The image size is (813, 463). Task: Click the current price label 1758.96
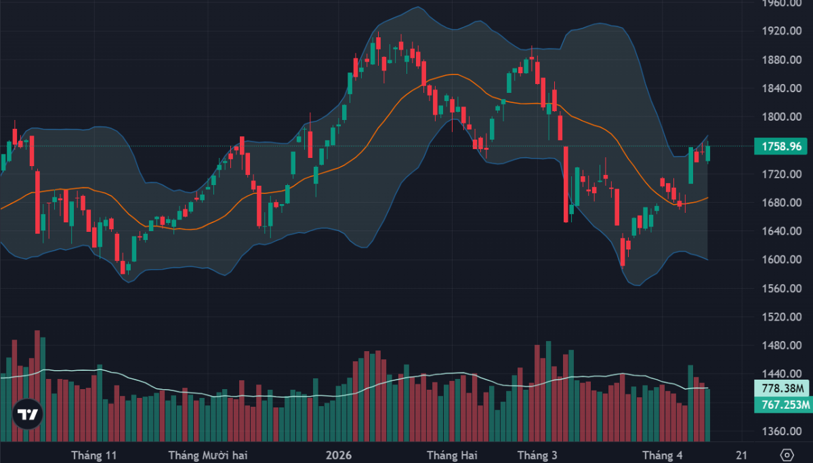click(783, 146)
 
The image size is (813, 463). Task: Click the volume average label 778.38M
click(783, 388)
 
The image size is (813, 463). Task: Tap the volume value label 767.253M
click(783, 405)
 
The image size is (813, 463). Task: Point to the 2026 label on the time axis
click(339, 455)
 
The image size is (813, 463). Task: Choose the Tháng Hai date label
click(452, 455)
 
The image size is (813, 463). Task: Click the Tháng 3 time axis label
click(537, 455)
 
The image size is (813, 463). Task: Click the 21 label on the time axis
click(742, 455)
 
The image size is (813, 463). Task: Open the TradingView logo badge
click(27, 414)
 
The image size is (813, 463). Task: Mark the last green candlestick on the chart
click(709, 154)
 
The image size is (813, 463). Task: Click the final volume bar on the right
click(709, 415)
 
